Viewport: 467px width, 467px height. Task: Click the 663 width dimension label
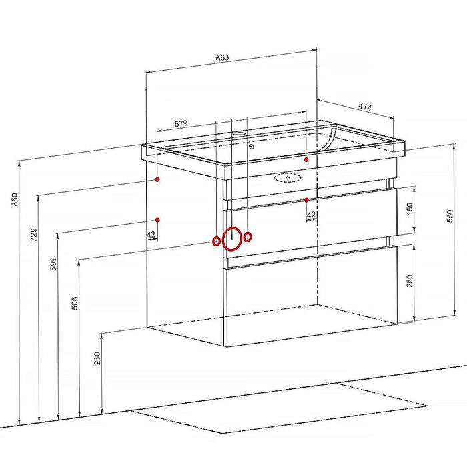(222, 57)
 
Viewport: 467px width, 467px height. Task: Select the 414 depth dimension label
(365, 107)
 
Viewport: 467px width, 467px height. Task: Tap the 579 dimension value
(181, 123)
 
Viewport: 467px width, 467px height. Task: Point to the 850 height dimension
(15, 199)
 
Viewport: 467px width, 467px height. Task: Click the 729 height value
(34, 235)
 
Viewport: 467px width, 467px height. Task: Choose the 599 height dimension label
(53, 264)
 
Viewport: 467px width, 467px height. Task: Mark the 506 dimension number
(75, 303)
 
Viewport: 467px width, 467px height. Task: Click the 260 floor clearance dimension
(97, 358)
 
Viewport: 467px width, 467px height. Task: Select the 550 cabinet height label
(450, 216)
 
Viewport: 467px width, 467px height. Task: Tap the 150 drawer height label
(410, 209)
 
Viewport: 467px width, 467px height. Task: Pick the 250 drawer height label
(410, 281)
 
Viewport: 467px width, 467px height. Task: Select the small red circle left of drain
(217, 241)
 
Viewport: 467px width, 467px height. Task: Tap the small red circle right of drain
(248, 238)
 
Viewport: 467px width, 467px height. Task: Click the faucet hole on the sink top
(239, 133)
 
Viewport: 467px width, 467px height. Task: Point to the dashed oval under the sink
(288, 178)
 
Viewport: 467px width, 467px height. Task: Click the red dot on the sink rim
(306, 159)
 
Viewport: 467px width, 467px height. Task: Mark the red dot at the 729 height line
(157, 179)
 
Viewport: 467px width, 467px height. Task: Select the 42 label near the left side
(151, 235)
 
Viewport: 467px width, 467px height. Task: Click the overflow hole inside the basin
(252, 146)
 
